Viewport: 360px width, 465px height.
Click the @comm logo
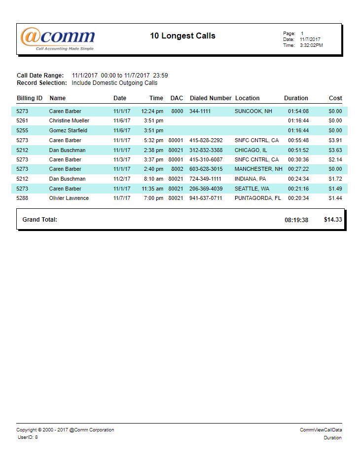click(58, 39)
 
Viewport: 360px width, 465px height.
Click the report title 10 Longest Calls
click(182, 36)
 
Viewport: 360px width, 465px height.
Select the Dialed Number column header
click(211, 98)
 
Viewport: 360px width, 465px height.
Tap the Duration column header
click(296, 98)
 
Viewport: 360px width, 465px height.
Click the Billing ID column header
click(30, 98)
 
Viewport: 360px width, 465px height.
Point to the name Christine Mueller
click(69, 121)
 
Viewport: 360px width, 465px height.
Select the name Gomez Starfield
click(68, 131)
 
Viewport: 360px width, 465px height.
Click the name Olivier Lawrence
click(69, 198)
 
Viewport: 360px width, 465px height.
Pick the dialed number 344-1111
click(200, 112)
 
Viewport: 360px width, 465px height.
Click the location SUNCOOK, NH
click(253, 112)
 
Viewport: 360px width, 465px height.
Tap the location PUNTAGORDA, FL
click(257, 198)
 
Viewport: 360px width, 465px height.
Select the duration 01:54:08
click(298, 112)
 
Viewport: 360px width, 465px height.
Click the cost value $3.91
click(335, 141)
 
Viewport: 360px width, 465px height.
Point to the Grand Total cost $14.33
click(333, 220)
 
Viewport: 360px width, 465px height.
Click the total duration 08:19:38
click(296, 220)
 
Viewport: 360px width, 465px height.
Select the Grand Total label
click(40, 220)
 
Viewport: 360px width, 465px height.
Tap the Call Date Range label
click(40, 76)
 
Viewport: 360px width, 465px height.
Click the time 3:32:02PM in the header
click(311, 45)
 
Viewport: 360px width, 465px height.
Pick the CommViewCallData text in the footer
click(321, 430)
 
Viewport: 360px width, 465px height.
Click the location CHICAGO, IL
click(251, 150)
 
